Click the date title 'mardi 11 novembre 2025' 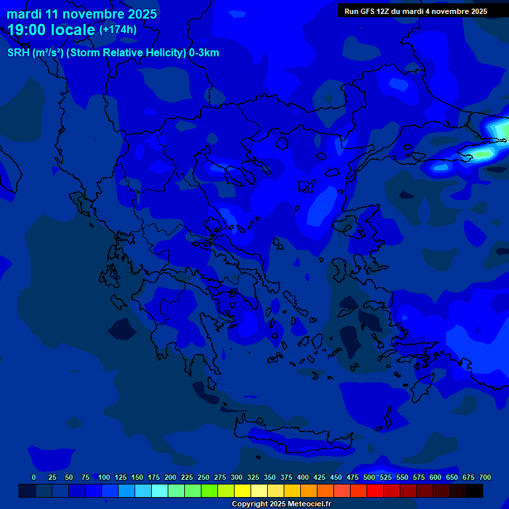82,13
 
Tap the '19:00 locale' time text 51,30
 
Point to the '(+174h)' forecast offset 118,30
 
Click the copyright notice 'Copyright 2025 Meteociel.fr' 281,504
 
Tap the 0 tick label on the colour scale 34,477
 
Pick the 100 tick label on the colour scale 104,477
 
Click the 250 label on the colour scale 203,477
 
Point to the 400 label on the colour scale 303,477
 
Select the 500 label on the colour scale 369,477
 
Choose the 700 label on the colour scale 485,477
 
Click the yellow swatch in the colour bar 243,491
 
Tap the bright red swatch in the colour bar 375,491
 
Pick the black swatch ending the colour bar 475,491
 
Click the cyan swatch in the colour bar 160,491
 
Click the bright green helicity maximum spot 482,154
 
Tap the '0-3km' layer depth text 204,53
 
